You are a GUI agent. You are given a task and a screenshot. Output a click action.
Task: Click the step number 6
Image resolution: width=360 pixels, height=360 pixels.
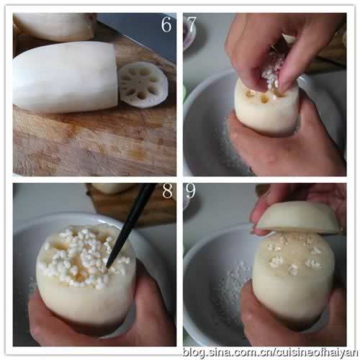point(166,24)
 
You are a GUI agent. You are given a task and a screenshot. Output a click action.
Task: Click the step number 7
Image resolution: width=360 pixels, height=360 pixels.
point(192,24)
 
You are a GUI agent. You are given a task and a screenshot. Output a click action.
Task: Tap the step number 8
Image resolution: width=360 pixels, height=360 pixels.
point(167,191)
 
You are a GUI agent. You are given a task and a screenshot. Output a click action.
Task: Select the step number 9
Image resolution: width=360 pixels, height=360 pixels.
point(191,191)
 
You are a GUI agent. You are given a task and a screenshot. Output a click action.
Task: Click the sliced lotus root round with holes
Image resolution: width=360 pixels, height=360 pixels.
point(143,85)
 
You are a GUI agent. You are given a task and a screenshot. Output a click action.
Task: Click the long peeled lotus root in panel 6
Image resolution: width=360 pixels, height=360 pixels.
point(66,77)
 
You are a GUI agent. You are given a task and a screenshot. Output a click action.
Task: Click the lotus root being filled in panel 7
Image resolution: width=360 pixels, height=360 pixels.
point(266,108)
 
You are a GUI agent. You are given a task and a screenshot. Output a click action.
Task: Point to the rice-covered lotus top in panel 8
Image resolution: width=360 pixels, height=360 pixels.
point(84,257)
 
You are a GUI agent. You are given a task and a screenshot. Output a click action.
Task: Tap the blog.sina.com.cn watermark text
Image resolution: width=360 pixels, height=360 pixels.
point(270,353)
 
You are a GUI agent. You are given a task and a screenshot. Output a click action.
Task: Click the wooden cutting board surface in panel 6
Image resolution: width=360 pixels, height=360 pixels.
point(94,142)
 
